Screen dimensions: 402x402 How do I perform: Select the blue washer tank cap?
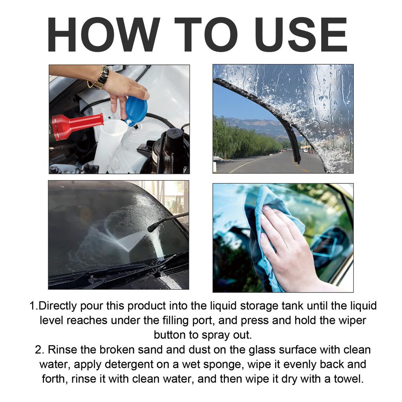coord(136,110)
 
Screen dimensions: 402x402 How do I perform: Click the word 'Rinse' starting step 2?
coord(62,350)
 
